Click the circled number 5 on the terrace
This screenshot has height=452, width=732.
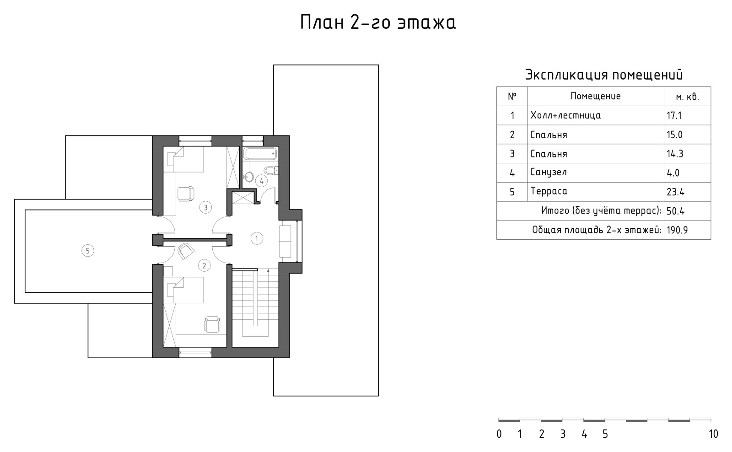point(87,251)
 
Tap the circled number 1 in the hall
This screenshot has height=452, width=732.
point(257,238)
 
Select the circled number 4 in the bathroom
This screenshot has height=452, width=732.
point(261,181)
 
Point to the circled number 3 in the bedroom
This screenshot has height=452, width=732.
point(205,208)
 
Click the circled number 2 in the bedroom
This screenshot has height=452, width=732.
point(204,265)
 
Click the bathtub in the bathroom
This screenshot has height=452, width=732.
point(260,154)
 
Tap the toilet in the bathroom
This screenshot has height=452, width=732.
point(270,171)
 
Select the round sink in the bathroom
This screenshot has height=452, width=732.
point(249,177)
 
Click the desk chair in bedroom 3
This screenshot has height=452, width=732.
point(185,194)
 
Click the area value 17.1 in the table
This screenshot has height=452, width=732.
point(674,116)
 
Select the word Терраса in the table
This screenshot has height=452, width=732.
point(549,191)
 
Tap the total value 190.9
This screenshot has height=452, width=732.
point(677,230)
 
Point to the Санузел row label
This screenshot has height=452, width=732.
point(548,172)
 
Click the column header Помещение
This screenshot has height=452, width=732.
point(595,97)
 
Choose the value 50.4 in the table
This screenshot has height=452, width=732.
point(675,211)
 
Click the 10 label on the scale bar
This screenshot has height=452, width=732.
point(713,434)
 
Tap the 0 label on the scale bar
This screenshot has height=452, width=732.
point(499,434)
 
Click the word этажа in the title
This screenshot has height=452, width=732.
point(426,22)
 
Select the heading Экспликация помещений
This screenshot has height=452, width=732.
point(603,75)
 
